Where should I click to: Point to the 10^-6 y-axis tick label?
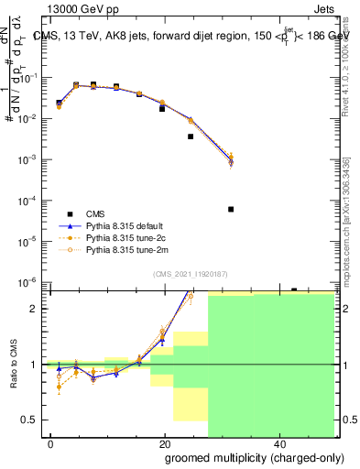(x=32, y=282)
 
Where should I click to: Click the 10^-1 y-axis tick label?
(x=32, y=78)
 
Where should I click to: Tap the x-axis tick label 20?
(x=165, y=444)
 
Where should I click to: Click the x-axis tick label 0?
(x=51, y=444)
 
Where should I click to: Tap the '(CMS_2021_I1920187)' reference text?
(x=190, y=273)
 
